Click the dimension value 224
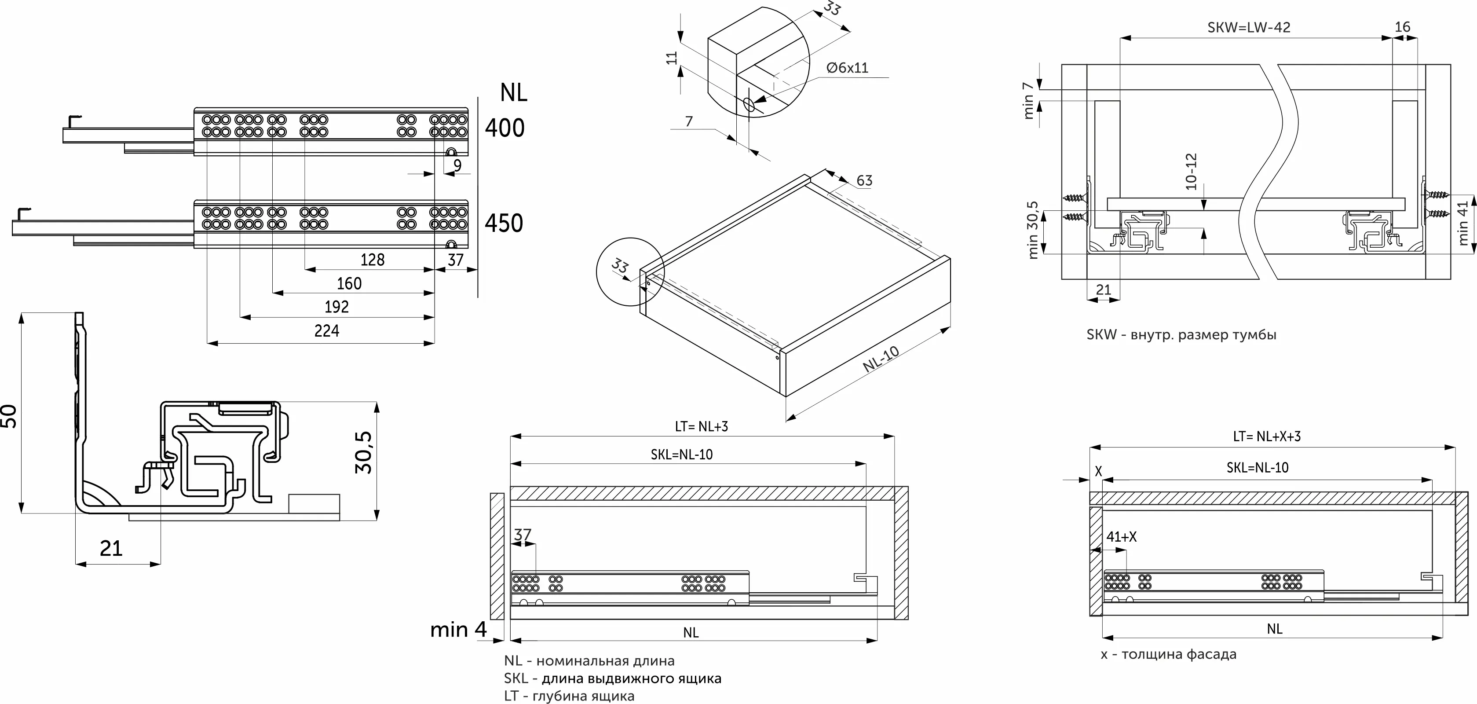click(x=327, y=331)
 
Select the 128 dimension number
click(x=372, y=260)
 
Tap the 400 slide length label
click(x=505, y=128)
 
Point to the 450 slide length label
click(x=504, y=223)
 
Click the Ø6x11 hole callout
click(x=848, y=68)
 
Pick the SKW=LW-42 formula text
click(x=1249, y=28)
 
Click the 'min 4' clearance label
click(x=458, y=630)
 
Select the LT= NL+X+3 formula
click(x=1267, y=436)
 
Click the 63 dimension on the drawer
click(x=864, y=181)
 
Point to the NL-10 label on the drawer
click(x=881, y=360)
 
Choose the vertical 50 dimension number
click(x=10, y=416)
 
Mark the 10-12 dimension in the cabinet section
click(x=1191, y=172)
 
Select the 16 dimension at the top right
click(x=1403, y=27)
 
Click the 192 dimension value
click(x=336, y=307)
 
